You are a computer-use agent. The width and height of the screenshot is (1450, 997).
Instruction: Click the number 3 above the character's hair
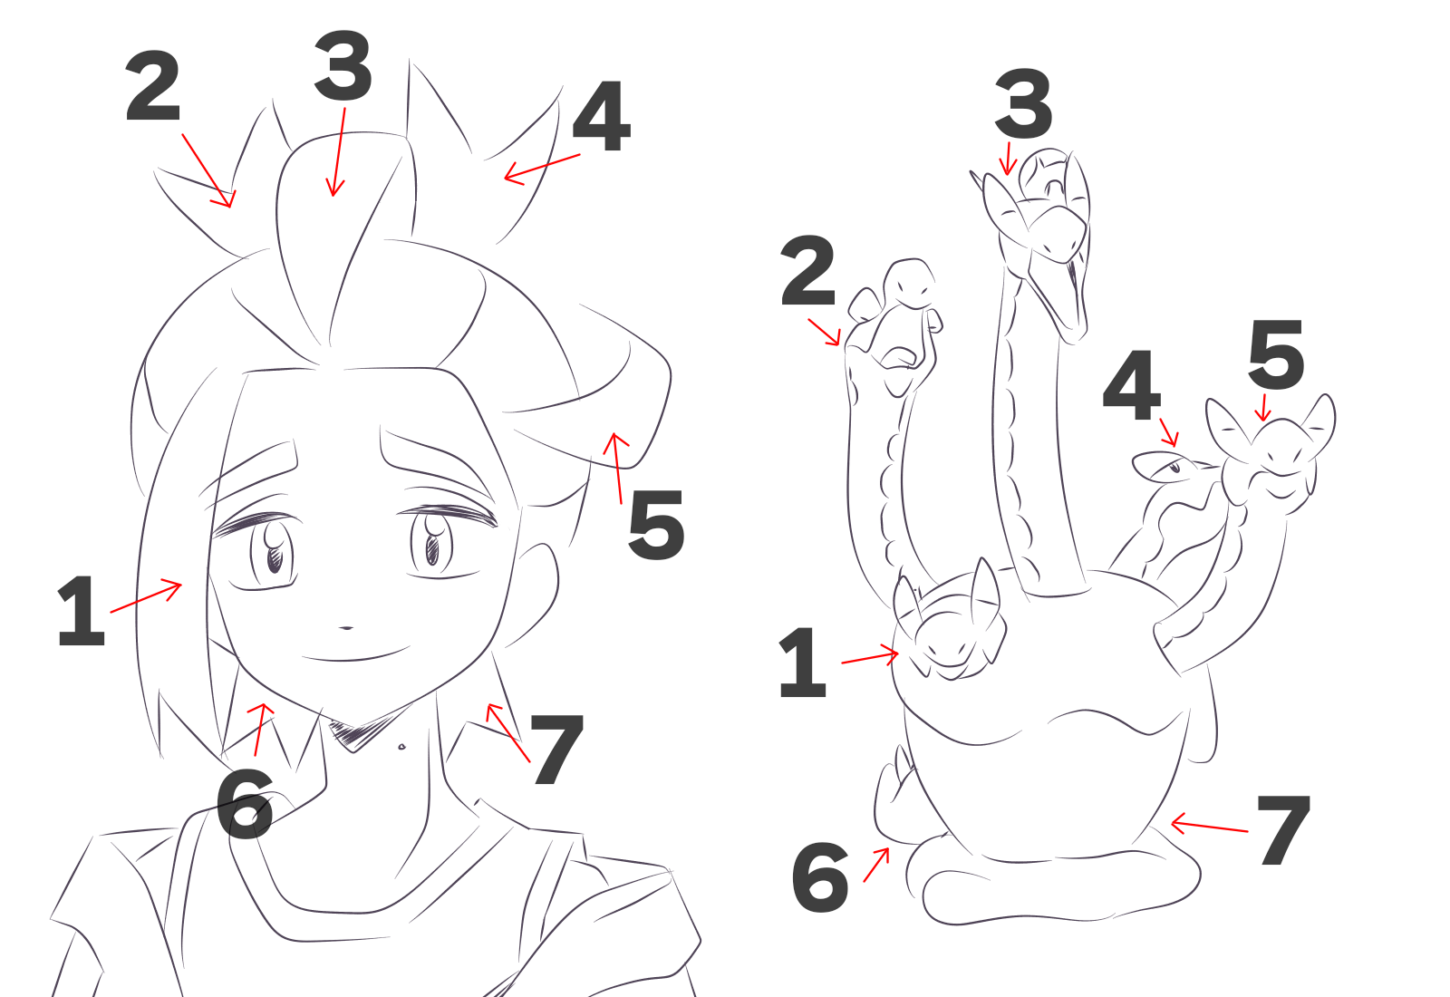pyautogui.click(x=343, y=66)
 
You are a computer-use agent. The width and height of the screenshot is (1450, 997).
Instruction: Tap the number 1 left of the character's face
pyautogui.click(x=81, y=611)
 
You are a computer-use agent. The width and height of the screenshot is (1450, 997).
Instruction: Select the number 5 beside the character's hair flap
pyautogui.click(x=656, y=525)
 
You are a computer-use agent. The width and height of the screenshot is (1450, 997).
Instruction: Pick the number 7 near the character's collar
pyautogui.click(x=556, y=749)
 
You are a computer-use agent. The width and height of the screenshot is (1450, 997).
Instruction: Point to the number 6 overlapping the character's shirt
pyautogui.click(x=244, y=804)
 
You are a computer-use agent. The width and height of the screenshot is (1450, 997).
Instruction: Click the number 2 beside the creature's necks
pyautogui.click(x=807, y=271)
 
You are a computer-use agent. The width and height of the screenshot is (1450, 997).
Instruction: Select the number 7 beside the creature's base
pyautogui.click(x=1283, y=830)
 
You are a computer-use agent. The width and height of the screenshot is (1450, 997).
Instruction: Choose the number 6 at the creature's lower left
pyautogui.click(x=820, y=877)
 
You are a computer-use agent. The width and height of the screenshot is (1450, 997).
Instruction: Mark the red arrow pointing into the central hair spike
pyautogui.click(x=338, y=152)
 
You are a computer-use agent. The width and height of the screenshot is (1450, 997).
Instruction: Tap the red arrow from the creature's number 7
pyautogui.click(x=1209, y=826)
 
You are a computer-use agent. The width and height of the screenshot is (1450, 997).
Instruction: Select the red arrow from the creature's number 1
pyautogui.click(x=870, y=658)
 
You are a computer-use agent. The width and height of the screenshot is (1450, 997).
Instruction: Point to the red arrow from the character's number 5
pyautogui.click(x=615, y=468)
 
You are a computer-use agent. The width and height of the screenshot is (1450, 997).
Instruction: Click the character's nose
pyautogui.click(x=346, y=627)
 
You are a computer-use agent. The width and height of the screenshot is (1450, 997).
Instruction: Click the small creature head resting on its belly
pyautogui.click(x=949, y=628)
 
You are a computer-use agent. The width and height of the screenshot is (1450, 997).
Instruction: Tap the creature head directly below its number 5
pyautogui.click(x=1270, y=453)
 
